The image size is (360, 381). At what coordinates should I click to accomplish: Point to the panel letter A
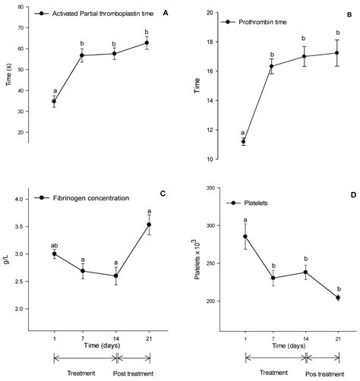(166, 13)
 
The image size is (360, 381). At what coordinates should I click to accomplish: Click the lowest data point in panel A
(54, 101)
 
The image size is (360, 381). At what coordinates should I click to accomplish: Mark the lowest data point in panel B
(243, 141)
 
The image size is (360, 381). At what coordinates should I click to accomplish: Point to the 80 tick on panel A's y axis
(33, 6)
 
